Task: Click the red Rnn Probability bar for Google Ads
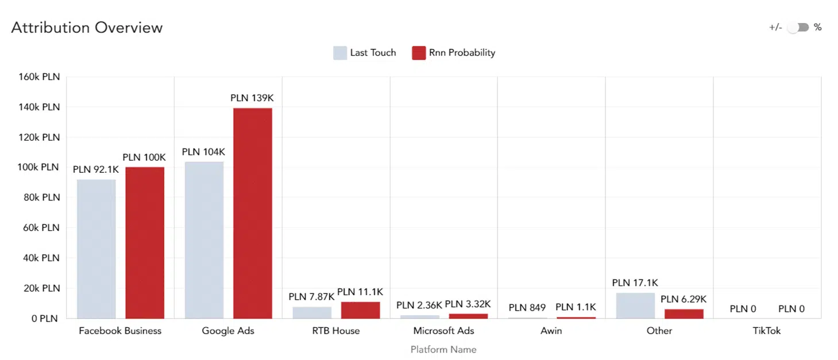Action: (x=253, y=212)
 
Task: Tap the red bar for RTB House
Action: (x=361, y=310)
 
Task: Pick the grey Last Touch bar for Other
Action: (x=635, y=305)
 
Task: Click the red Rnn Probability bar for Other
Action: (x=683, y=313)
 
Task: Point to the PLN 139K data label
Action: (x=252, y=98)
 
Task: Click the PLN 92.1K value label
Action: (x=96, y=169)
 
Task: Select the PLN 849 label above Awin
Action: (x=527, y=307)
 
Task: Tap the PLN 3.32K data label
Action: (x=468, y=304)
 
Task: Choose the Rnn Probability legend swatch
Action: (x=419, y=53)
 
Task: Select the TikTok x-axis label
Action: (x=767, y=331)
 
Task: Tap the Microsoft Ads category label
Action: (x=443, y=331)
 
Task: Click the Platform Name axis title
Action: (x=443, y=349)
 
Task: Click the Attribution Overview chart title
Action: (x=87, y=28)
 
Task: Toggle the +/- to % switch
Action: (x=798, y=28)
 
